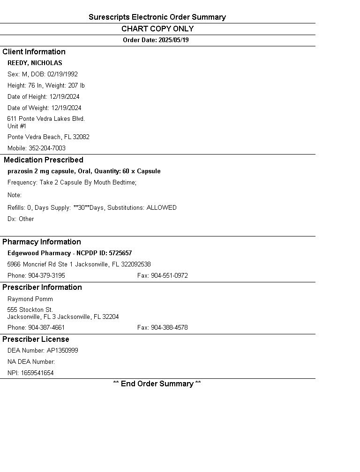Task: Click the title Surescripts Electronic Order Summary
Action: pos(157,17)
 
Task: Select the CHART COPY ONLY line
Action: pos(157,29)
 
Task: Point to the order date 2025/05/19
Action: pos(173,40)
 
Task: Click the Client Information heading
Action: pos(34,52)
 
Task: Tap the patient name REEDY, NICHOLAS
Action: pos(35,63)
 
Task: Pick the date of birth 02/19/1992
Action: pos(62,74)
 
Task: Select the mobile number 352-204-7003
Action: pos(47,148)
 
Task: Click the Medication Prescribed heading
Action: pos(43,160)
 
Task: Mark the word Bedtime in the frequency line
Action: pos(123,183)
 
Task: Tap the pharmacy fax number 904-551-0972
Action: pos(169,276)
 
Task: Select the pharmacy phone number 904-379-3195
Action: pos(46,276)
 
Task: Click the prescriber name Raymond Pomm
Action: pos(30,299)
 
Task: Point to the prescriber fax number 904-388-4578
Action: pos(169,328)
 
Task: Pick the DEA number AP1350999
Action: pos(62,351)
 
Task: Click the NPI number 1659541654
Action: pos(37,373)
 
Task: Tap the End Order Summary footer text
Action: pos(157,384)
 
